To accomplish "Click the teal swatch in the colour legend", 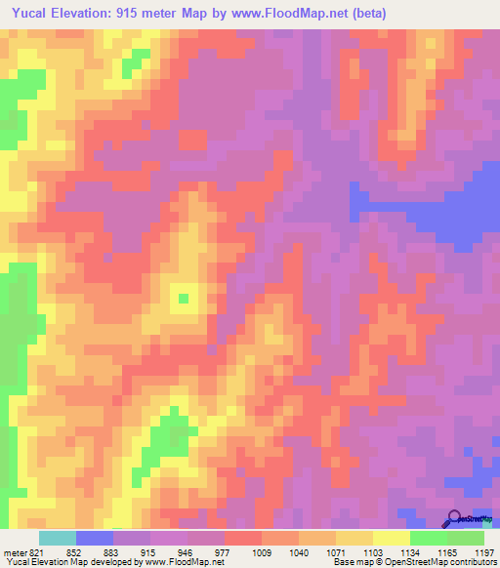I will click(x=58, y=538).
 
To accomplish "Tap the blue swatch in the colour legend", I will click(x=95, y=538).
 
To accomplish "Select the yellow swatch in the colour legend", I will click(x=392, y=538).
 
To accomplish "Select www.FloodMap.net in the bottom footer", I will click(x=188, y=562).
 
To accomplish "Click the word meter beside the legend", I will click(x=12, y=551).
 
